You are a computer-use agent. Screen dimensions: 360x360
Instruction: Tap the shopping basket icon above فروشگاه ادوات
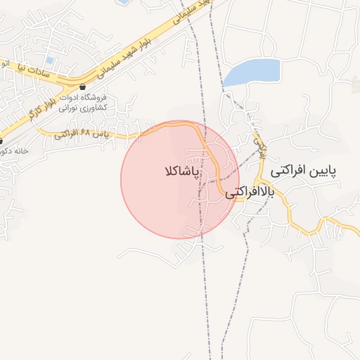[x=82, y=87]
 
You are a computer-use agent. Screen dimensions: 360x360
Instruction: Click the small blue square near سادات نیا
[x=49, y=60]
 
